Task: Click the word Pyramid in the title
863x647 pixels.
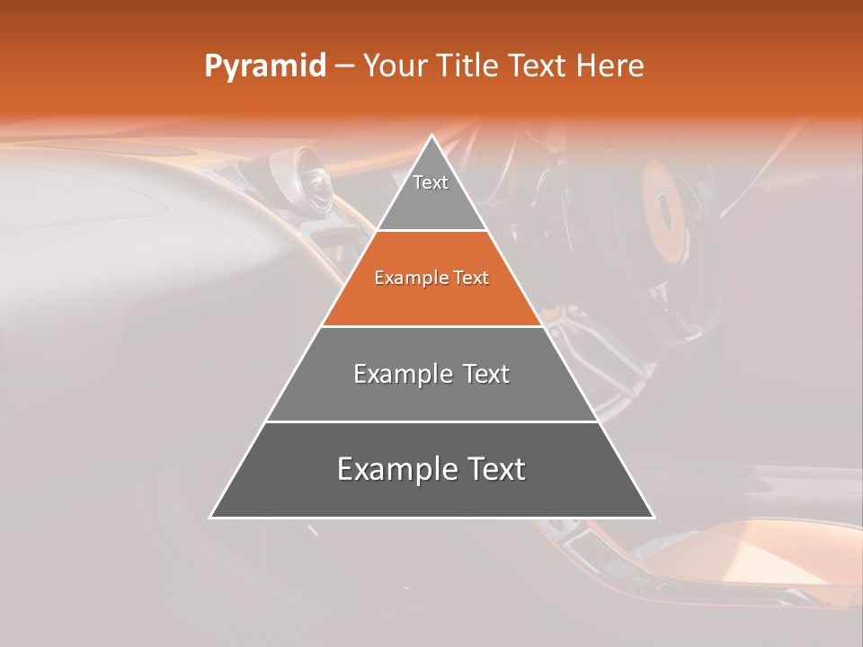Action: (x=264, y=66)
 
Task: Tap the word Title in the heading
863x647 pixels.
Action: (x=473, y=66)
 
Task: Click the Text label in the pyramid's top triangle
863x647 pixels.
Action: (x=431, y=182)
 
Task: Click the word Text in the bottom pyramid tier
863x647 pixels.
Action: (x=491, y=469)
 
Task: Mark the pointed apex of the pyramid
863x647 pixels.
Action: (x=431, y=137)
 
